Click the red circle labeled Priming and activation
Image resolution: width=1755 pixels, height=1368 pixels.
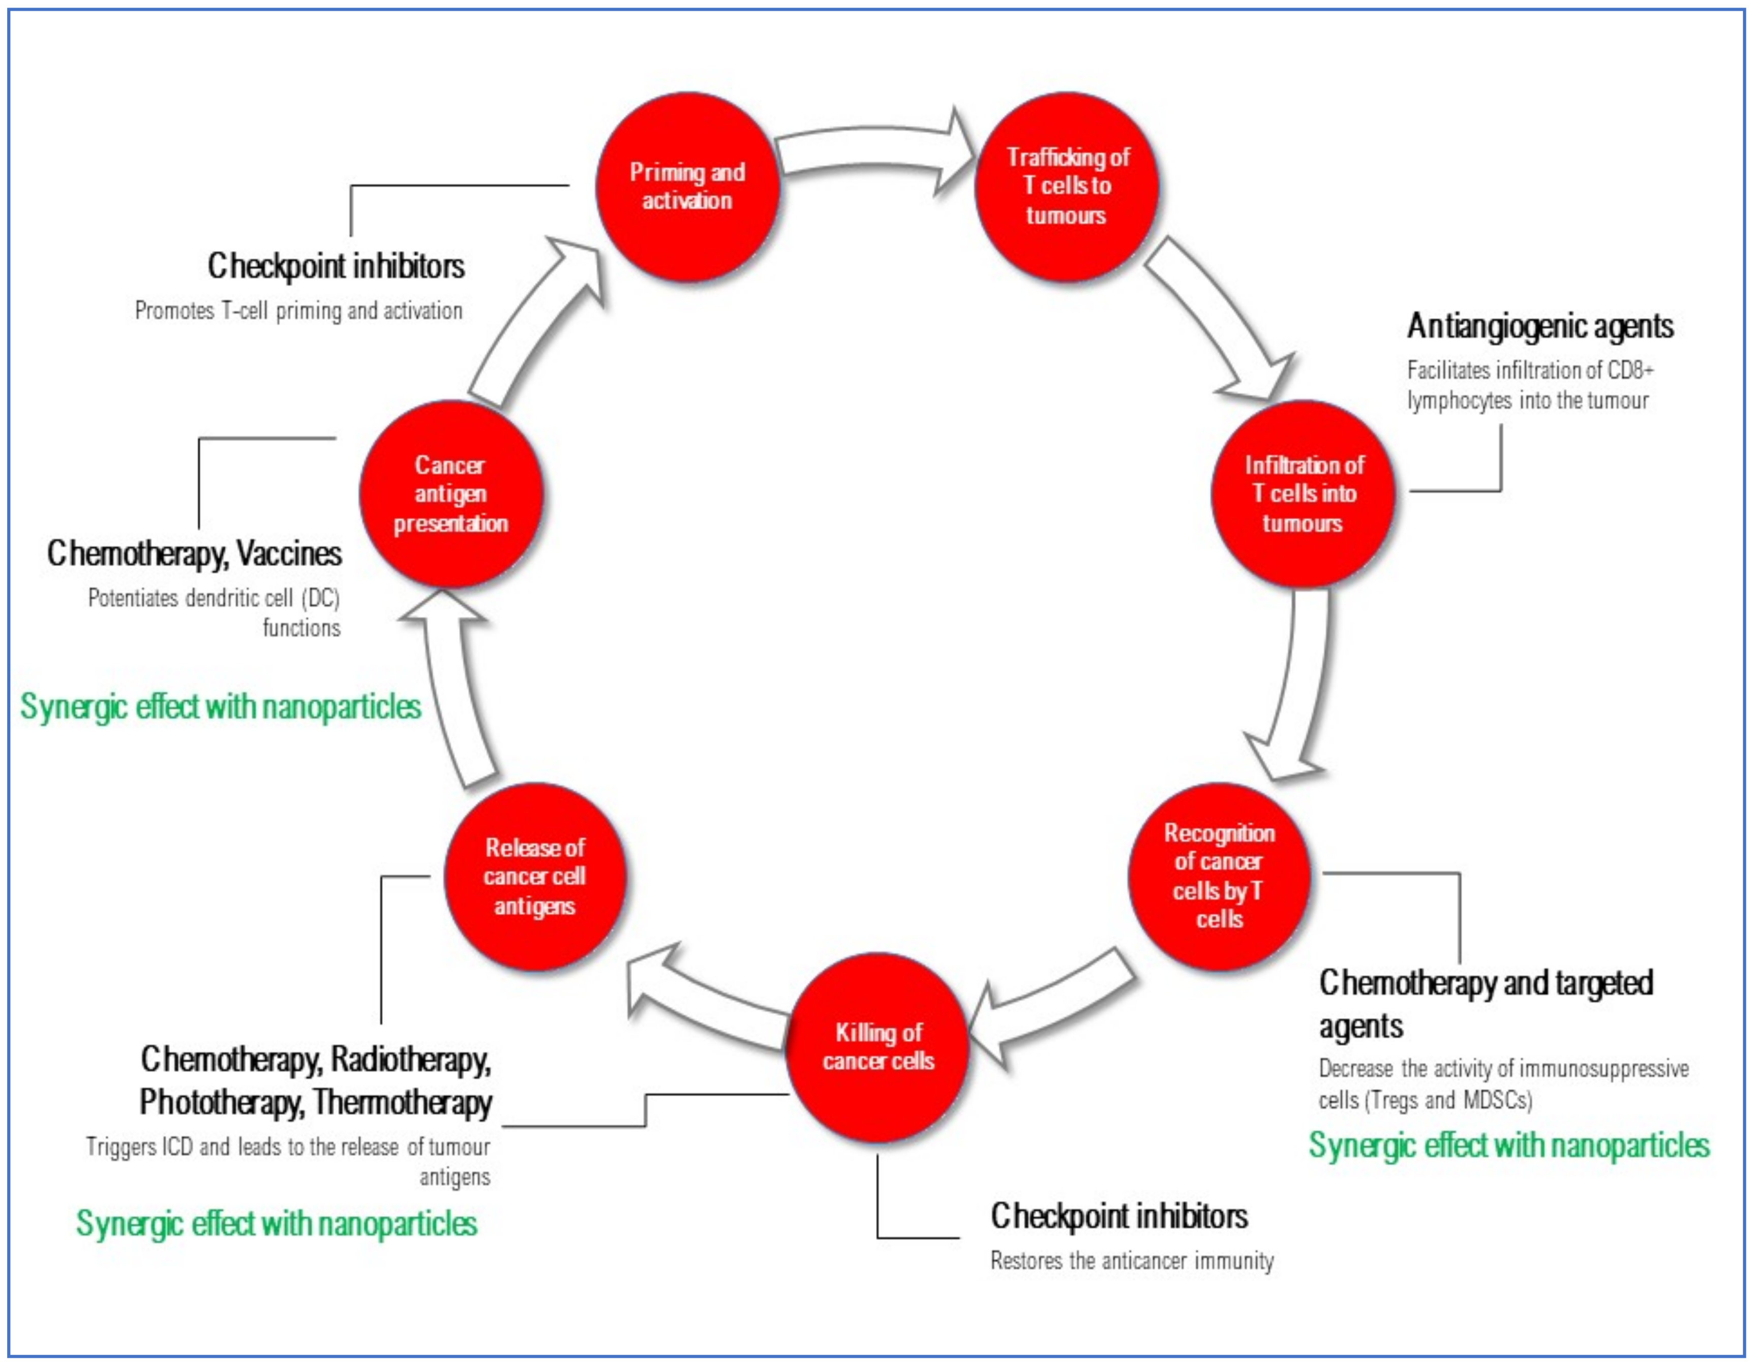pyautogui.click(x=687, y=186)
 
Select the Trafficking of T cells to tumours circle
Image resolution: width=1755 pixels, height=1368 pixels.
pyautogui.click(x=1066, y=186)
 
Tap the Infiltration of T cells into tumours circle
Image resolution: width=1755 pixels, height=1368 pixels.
pyautogui.click(x=1303, y=493)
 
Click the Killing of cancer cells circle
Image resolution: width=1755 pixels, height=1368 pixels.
pyautogui.click(x=877, y=1047)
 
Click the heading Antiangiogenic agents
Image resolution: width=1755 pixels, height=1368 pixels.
pyautogui.click(x=1539, y=326)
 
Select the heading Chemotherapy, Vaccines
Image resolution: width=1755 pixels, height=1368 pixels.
pyautogui.click(x=195, y=553)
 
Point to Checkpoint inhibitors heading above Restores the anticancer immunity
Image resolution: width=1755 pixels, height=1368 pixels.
pyautogui.click(x=1118, y=1216)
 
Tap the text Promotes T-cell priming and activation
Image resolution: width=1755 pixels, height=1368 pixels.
pyautogui.click(x=298, y=311)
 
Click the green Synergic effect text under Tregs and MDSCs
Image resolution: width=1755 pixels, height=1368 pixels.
pyautogui.click(x=1508, y=1145)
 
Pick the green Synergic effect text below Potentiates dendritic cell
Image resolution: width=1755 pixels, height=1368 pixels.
pyautogui.click(x=220, y=707)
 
